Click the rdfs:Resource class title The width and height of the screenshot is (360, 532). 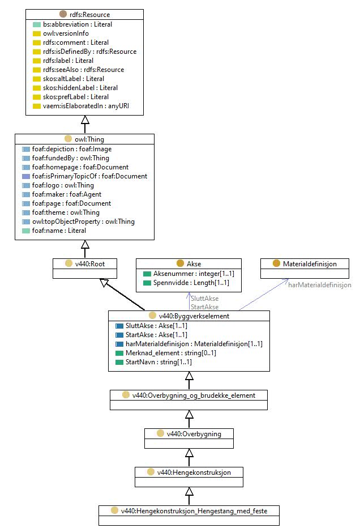89,15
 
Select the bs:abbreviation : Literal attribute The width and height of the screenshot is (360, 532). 78,24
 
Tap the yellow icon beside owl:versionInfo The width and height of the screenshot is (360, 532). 37,33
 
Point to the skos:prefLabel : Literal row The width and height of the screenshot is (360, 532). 76,97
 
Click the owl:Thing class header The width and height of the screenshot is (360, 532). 89,139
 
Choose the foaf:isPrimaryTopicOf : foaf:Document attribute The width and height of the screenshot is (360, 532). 89,176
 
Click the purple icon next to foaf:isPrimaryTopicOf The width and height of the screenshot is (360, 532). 26,176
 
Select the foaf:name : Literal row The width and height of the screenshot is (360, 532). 59,231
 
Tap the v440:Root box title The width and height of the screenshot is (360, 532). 90,264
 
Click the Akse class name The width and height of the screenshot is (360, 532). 194,264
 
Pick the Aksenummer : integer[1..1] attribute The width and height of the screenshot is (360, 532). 194,274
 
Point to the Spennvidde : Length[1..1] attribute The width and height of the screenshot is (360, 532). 191,283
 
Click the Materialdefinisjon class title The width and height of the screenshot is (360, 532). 310,264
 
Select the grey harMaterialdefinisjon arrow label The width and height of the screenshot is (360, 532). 320,285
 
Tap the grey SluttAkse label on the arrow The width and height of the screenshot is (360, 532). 204,299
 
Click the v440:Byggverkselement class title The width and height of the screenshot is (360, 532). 194,316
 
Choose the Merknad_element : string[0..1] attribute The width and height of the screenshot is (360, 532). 170,353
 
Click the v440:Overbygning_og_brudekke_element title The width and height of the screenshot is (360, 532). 194,395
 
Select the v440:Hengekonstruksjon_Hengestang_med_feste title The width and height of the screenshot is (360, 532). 194,511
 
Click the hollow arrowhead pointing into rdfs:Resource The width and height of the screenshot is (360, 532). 85,120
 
